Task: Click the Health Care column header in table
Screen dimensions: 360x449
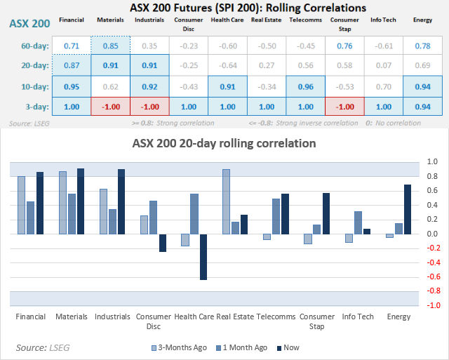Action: click(x=227, y=19)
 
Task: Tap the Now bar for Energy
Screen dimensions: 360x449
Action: click(x=408, y=209)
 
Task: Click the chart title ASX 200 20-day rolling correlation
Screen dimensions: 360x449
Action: click(x=224, y=143)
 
